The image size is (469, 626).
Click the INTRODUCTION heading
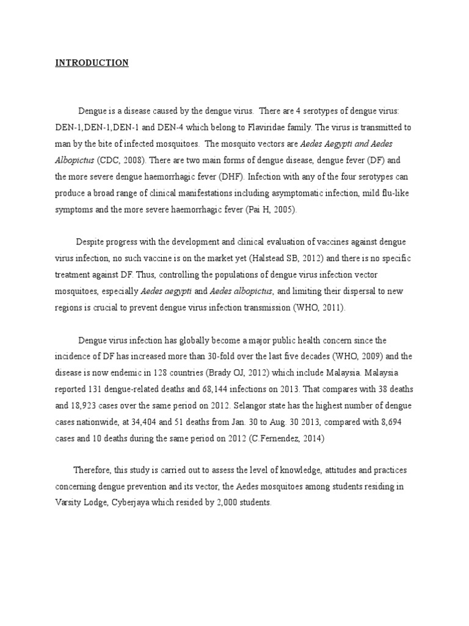point(92,63)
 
